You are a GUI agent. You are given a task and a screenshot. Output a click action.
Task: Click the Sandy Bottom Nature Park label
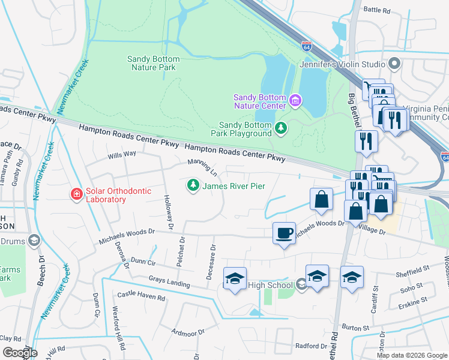point(151,63)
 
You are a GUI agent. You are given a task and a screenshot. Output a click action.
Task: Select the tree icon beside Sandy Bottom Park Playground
point(280,128)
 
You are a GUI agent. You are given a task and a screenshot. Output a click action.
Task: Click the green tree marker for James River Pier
point(193,186)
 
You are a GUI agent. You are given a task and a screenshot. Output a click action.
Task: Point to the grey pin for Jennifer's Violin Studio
point(394,64)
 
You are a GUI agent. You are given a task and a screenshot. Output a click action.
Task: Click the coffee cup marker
point(284,232)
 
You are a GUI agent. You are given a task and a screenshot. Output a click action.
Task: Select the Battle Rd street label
point(377,10)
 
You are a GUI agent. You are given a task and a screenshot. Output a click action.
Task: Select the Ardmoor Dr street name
point(188,331)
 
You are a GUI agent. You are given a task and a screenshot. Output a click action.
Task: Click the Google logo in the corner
point(20,352)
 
